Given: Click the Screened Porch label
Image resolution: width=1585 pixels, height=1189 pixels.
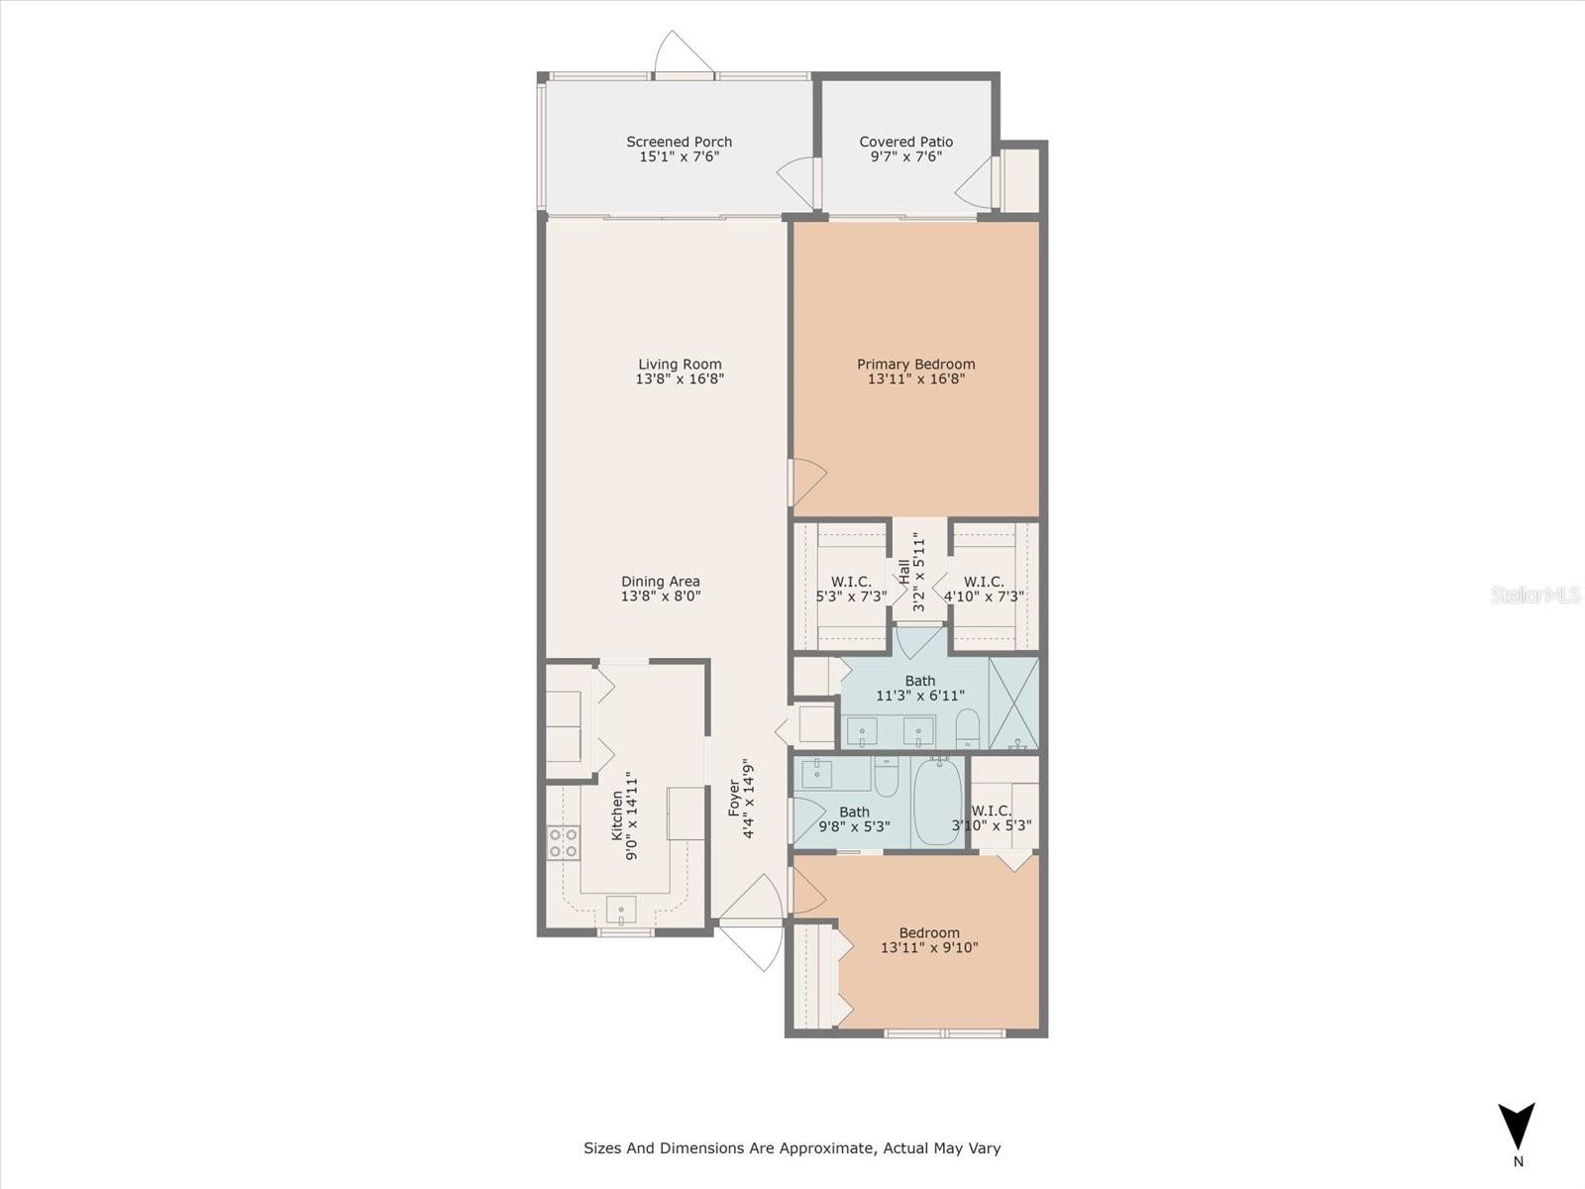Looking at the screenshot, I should click(679, 142).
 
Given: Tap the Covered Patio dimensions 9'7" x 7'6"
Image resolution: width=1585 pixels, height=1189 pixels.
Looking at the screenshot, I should click(905, 157).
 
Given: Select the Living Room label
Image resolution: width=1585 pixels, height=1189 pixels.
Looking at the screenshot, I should click(680, 364).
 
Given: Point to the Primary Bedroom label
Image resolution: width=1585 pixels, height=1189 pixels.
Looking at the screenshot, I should click(915, 364).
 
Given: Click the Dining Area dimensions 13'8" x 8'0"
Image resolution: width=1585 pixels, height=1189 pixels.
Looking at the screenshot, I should click(660, 596).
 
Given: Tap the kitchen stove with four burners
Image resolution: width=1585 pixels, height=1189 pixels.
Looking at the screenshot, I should click(564, 843).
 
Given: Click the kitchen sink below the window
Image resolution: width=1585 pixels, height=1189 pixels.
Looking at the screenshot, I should click(621, 907).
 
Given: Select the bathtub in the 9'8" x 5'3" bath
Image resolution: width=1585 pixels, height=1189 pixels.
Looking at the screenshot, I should click(936, 803).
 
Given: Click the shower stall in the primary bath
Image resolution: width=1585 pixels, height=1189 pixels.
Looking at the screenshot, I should click(1013, 703).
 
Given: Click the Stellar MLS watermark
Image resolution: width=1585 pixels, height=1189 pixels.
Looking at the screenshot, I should click(1536, 594).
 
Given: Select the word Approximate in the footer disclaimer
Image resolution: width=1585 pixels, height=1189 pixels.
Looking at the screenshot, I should click(825, 1148).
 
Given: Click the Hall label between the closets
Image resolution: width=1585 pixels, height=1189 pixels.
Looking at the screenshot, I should click(904, 573).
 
